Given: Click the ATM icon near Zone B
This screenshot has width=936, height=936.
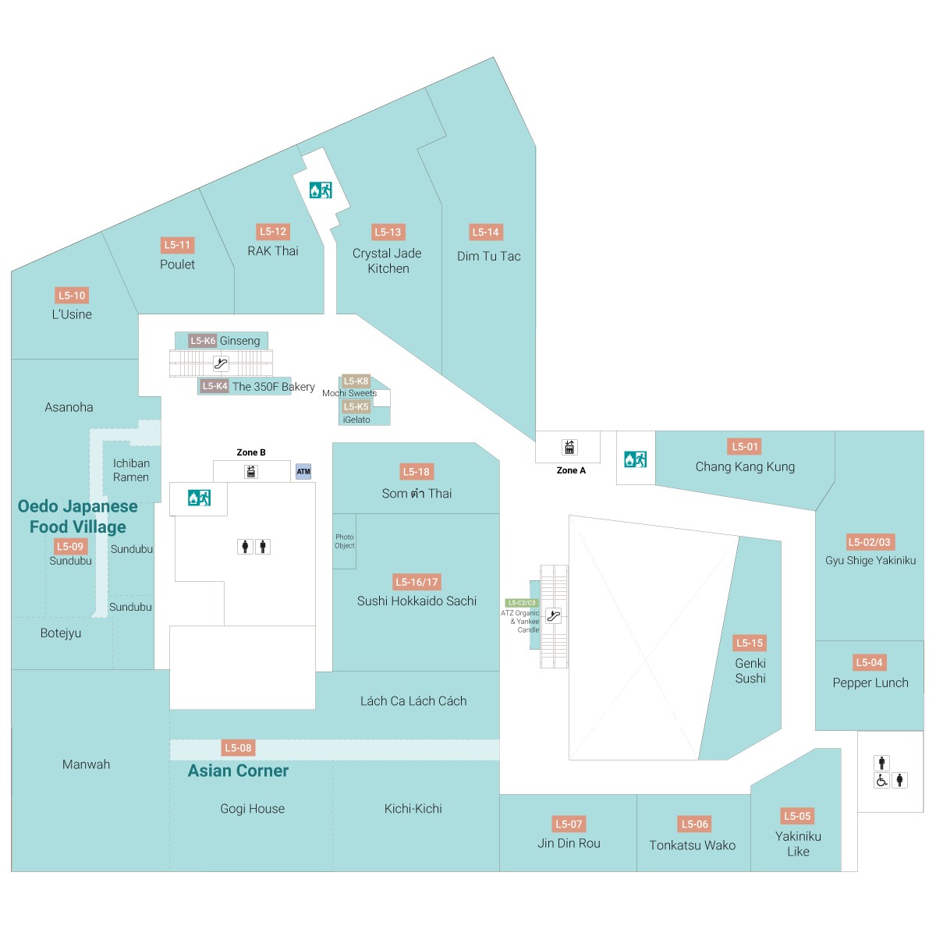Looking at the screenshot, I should click(303, 471).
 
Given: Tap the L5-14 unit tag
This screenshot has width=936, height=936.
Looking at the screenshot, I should click(486, 232).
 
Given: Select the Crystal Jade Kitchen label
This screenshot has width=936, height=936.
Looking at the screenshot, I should click(387, 261).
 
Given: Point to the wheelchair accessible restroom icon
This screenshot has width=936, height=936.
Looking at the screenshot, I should click(881, 780).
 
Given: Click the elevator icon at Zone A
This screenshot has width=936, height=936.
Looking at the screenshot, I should click(569, 447).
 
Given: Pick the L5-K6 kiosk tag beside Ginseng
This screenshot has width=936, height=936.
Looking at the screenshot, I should click(203, 341).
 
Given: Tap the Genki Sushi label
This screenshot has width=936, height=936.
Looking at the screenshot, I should click(750, 671).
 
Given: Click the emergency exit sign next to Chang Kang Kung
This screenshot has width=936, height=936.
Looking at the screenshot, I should click(635, 459).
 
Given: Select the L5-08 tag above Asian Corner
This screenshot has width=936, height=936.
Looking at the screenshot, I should click(238, 748).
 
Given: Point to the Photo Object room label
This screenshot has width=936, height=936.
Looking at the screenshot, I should click(345, 541).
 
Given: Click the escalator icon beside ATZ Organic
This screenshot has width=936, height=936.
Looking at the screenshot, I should click(554, 615).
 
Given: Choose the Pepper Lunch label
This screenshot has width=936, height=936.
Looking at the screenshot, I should click(870, 682).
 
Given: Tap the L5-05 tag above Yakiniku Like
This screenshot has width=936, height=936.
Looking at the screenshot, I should click(797, 816).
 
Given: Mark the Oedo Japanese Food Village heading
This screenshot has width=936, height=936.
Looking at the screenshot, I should click(78, 516).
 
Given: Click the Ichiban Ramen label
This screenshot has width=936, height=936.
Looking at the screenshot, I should click(131, 470).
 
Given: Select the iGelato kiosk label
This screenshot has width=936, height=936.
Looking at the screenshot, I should click(356, 420).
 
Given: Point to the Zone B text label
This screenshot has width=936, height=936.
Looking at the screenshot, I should click(251, 452).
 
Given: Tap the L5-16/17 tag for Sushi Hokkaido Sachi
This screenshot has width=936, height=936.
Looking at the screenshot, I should click(417, 582).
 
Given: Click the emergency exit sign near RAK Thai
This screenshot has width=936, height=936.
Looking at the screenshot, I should click(321, 190).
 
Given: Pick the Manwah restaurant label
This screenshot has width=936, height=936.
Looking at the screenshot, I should click(86, 764).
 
